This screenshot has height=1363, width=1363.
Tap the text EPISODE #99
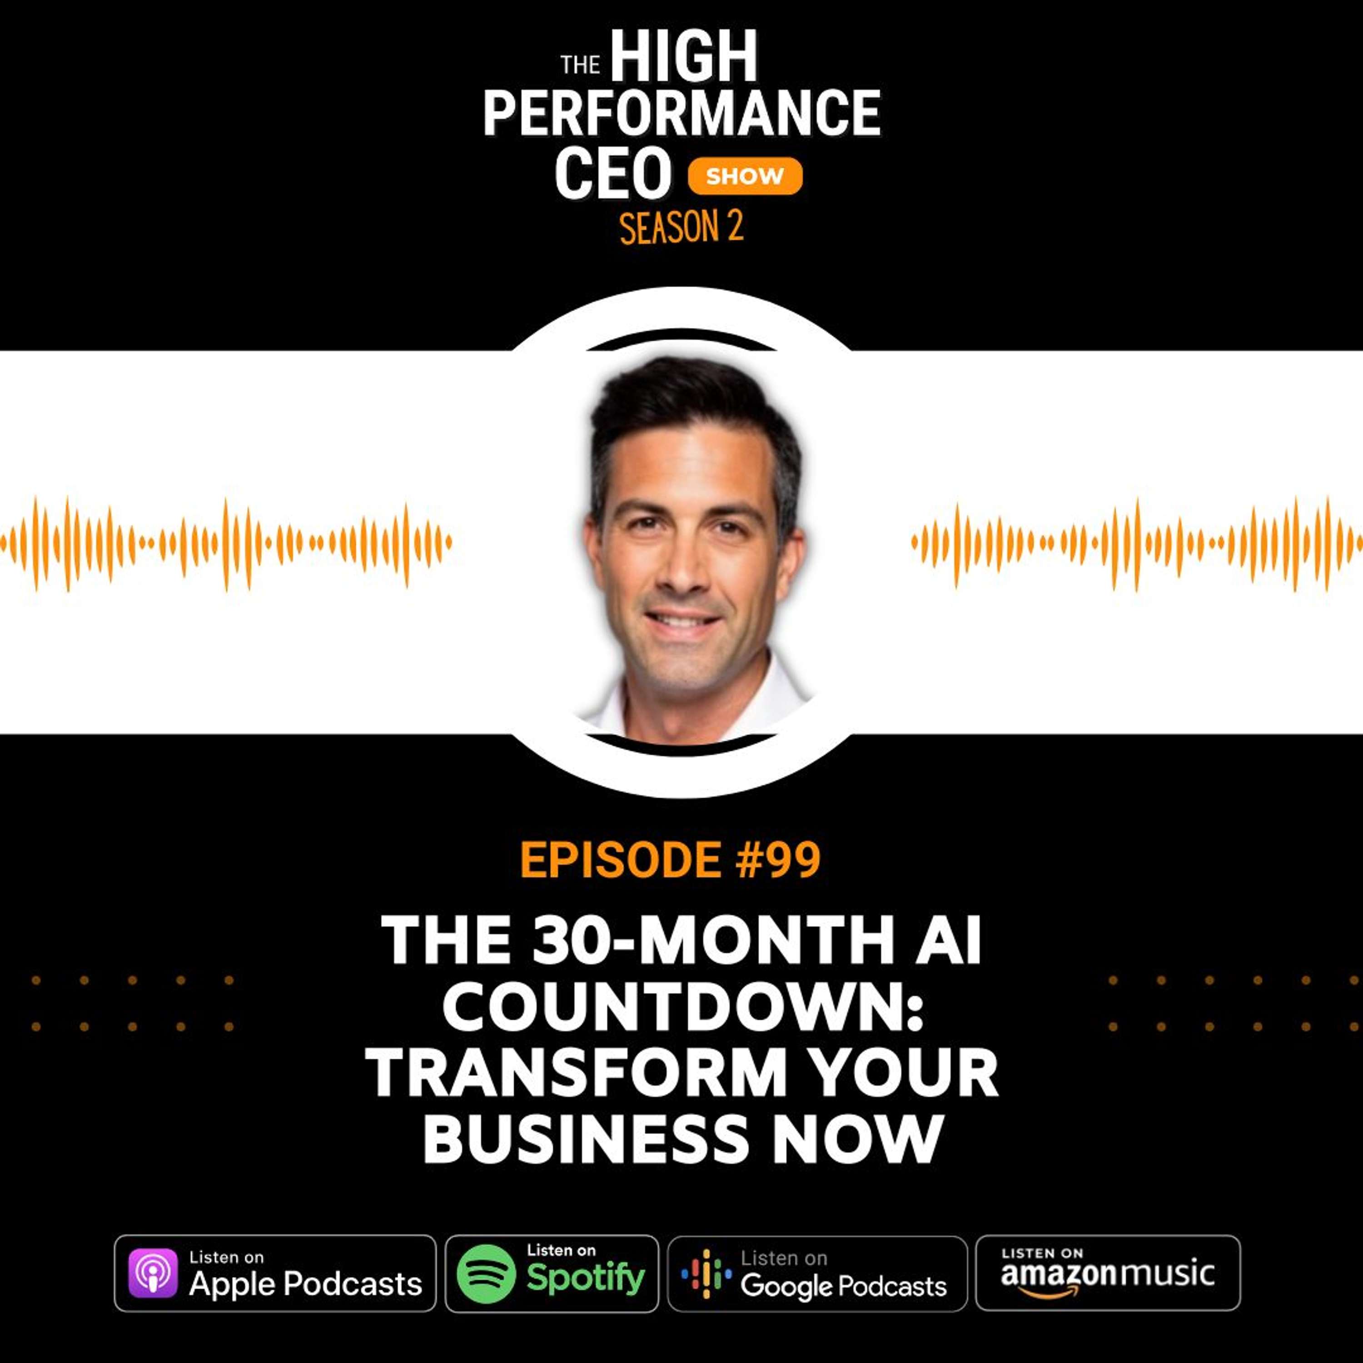click(x=670, y=860)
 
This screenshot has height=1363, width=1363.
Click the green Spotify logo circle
click(x=485, y=1273)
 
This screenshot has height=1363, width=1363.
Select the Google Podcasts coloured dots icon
click(x=706, y=1273)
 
